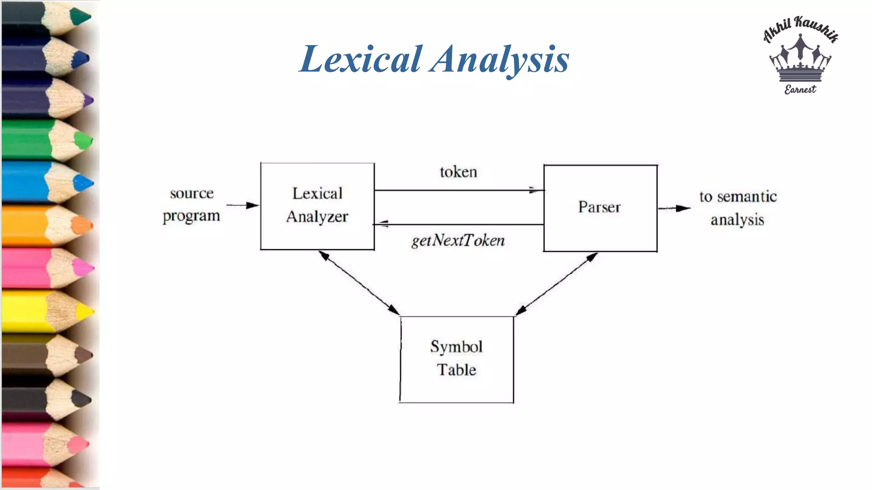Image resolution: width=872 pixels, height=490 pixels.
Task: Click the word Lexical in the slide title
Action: tap(361, 60)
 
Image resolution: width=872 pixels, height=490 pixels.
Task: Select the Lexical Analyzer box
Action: tap(317, 206)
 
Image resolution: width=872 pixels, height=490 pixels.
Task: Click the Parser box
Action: tap(600, 208)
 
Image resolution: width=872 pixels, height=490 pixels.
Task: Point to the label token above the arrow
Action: tap(459, 172)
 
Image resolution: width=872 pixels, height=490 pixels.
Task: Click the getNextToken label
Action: tap(458, 241)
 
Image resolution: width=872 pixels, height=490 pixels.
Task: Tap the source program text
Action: tap(192, 205)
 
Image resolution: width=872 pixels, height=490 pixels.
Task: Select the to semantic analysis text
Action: tap(738, 208)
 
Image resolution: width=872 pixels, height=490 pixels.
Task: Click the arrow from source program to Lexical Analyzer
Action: tap(243, 205)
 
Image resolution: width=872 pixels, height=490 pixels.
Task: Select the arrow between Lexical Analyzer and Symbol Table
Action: tap(359, 282)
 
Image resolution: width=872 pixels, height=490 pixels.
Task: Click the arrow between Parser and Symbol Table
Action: tap(556, 283)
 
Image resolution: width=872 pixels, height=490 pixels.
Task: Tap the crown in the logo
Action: tap(800, 60)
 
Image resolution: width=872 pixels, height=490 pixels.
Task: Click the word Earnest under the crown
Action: tap(800, 90)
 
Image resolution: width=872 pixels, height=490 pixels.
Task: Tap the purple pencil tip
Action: tap(88, 101)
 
